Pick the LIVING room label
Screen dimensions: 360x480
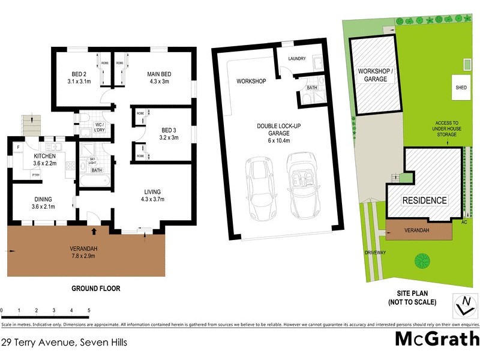(x=152, y=191)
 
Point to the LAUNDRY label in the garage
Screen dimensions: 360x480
(x=297, y=58)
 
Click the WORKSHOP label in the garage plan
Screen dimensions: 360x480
(x=251, y=81)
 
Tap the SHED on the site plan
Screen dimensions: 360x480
(x=461, y=88)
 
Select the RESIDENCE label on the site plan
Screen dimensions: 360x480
(x=424, y=200)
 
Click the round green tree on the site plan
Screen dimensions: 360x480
(x=422, y=260)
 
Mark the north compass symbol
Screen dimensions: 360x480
(x=464, y=305)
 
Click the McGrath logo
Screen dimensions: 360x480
(x=436, y=338)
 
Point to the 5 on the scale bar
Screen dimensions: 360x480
(x=89, y=310)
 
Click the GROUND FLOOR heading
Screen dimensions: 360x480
(x=96, y=289)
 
